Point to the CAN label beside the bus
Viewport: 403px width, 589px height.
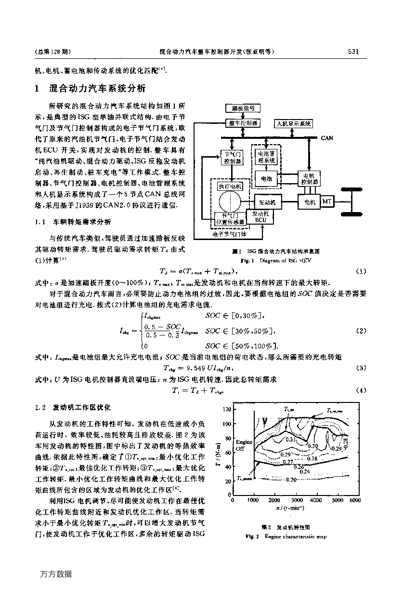(x=327, y=138)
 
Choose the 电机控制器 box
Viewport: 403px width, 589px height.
(x=309, y=179)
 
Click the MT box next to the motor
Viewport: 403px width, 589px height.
(x=327, y=201)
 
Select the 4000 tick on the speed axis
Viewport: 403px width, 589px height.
(x=316, y=500)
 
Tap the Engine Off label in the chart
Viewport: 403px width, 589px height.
(x=241, y=444)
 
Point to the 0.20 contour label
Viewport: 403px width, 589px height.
(x=291, y=480)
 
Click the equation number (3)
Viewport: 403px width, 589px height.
(x=361, y=368)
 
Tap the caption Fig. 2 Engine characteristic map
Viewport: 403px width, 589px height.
(x=286, y=536)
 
